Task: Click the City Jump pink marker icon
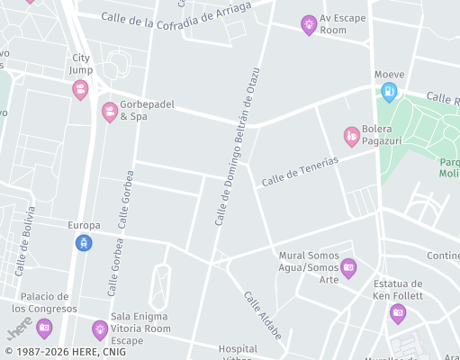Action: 80,89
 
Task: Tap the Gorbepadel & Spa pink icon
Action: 110,112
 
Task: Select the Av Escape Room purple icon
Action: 309,24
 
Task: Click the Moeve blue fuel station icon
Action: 389,90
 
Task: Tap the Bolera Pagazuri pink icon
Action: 352,136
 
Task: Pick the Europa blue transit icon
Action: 84,242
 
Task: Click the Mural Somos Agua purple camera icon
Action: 348,266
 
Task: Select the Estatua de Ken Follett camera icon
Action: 398,312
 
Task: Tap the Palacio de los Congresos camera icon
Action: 44,328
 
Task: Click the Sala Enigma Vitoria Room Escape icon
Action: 100,329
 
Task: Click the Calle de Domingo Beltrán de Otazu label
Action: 237,147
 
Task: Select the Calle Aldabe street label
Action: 262,310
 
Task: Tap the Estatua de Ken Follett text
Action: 398,289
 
